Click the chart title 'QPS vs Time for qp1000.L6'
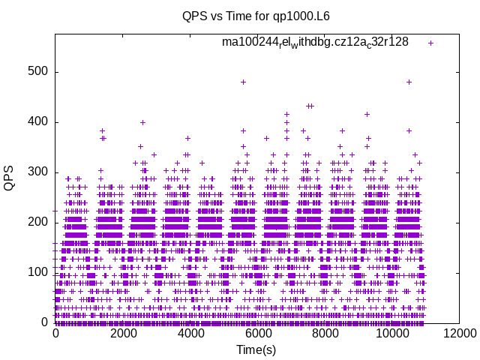[256, 16]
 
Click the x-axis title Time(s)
[256, 349]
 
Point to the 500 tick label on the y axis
[39, 72]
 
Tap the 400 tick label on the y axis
[39, 122]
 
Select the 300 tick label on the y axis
[39, 172]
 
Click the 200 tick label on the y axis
[39, 222]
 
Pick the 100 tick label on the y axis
[39, 272]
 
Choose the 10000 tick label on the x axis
[391, 334]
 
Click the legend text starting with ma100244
[315, 42]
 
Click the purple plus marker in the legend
[431, 43]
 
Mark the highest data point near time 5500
[243, 82]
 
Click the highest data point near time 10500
[409, 82]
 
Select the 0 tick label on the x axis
[55, 334]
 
